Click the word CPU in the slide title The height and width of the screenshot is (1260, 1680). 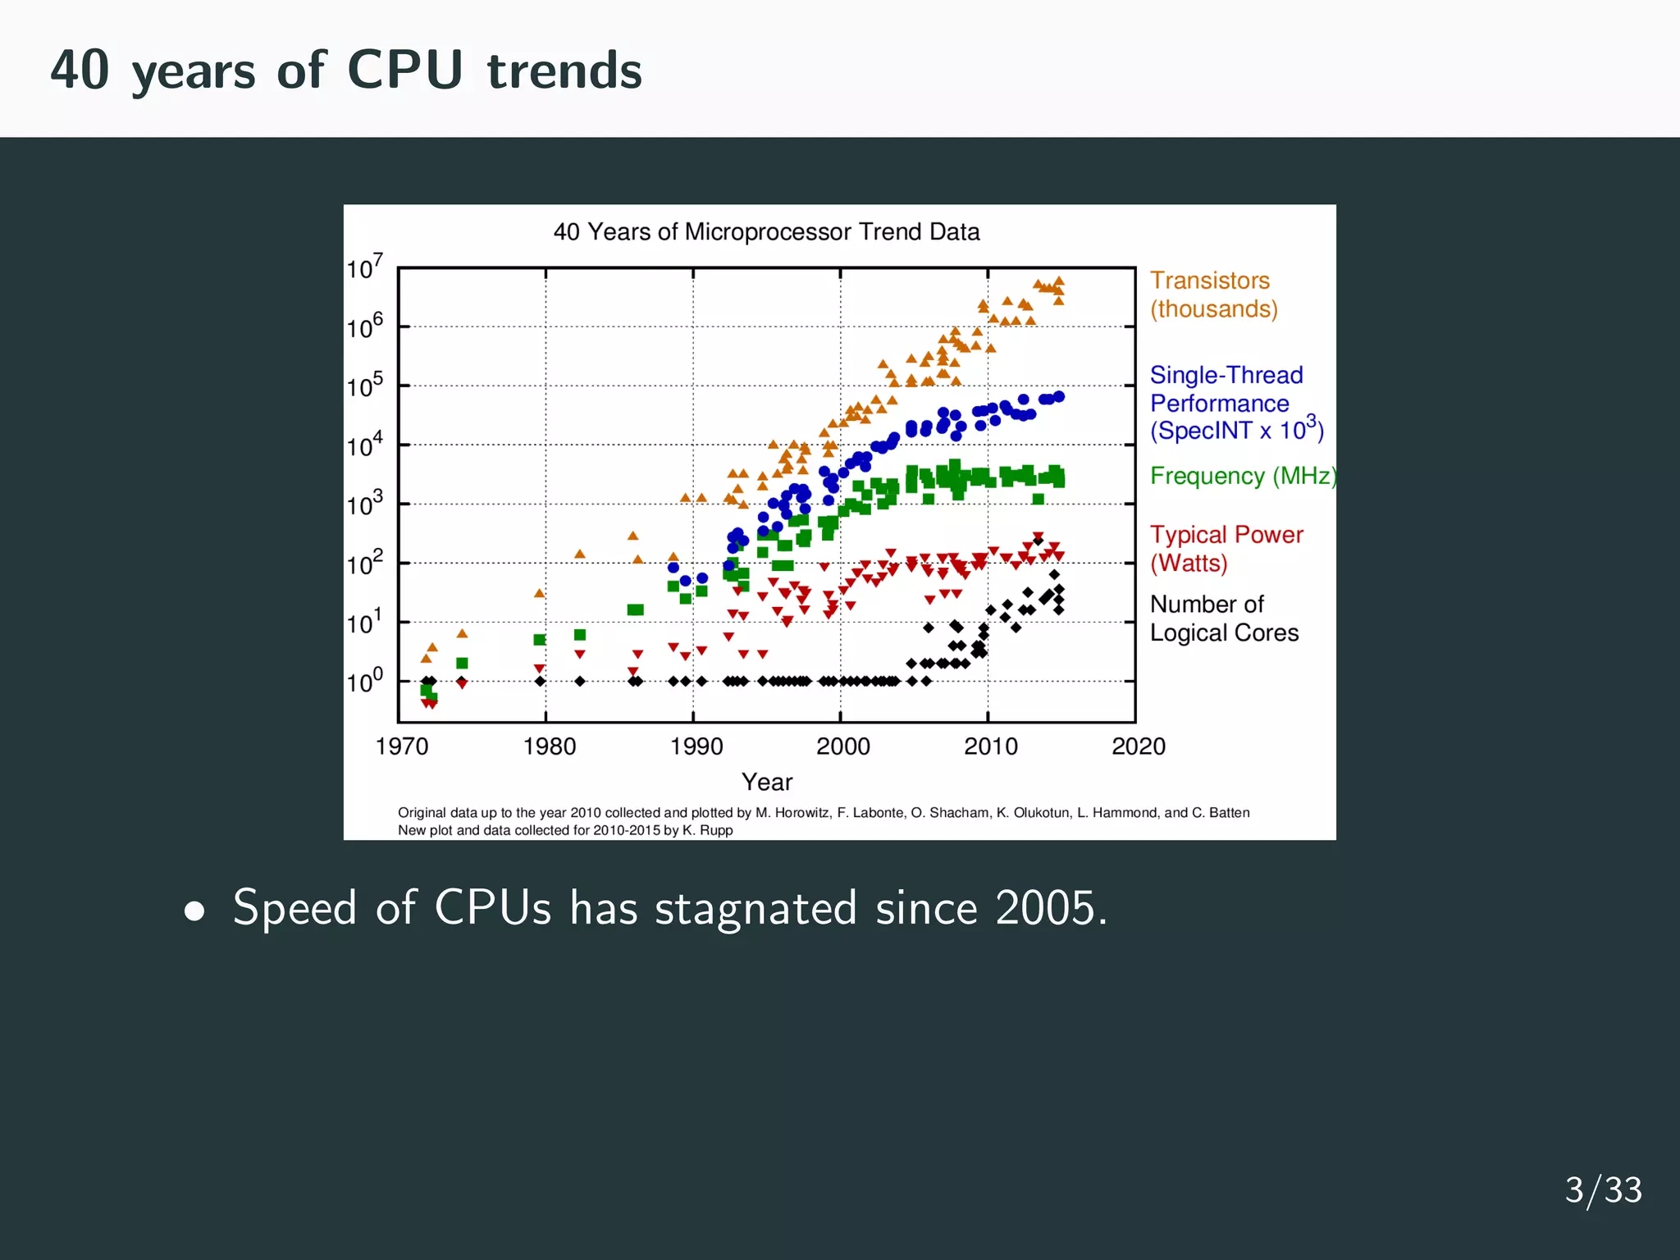tap(405, 70)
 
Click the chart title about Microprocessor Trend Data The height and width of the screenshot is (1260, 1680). tap(766, 232)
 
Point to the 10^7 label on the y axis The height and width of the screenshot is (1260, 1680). tap(364, 267)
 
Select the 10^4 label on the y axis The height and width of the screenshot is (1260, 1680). tap(364, 445)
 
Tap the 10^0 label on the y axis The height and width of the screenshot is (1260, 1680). tap(364, 681)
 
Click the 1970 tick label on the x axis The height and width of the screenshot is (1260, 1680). tap(402, 746)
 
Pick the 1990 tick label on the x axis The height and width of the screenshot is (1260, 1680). tap(696, 746)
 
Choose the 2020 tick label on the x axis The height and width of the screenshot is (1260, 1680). tap(1138, 746)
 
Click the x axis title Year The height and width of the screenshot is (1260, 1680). tap(767, 782)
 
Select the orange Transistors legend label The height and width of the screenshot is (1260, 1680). tap(1212, 294)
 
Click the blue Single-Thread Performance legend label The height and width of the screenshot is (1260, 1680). tap(1227, 403)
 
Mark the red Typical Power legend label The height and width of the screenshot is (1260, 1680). tap(1226, 549)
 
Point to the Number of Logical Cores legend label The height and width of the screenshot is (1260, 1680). tap(1223, 619)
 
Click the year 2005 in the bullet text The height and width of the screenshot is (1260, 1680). tap(1050, 908)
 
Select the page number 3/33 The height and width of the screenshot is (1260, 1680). tap(1603, 1189)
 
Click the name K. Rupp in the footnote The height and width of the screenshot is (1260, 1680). tap(707, 830)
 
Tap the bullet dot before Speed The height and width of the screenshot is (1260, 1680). tap(194, 911)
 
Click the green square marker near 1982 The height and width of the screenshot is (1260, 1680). tap(580, 635)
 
